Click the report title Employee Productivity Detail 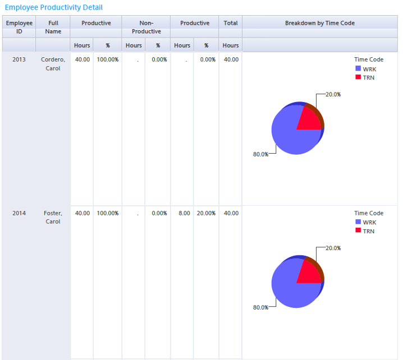click(x=54, y=7)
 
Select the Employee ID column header click(x=19, y=27)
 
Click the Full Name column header click(x=53, y=27)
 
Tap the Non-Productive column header click(x=146, y=27)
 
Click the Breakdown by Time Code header click(x=319, y=23)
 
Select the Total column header click(x=230, y=23)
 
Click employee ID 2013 click(x=19, y=59)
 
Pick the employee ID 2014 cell click(x=19, y=213)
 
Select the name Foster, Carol click(x=53, y=217)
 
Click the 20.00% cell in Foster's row click(x=206, y=213)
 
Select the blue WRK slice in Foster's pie click(x=290, y=289)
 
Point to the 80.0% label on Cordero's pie click(x=260, y=154)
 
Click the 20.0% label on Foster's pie click(x=333, y=248)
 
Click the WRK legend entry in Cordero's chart click(x=369, y=69)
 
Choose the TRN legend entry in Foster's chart click(x=368, y=231)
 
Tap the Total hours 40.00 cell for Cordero click(x=231, y=59)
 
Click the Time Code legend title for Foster click(x=369, y=213)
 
